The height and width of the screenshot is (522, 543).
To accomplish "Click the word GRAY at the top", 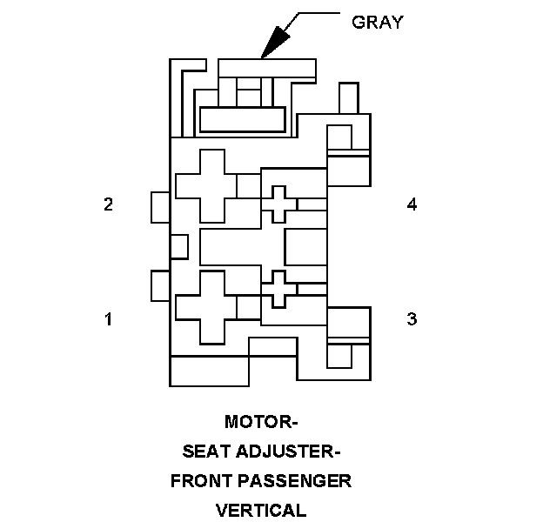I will (x=377, y=23).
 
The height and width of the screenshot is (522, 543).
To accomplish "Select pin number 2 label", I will (x=108, y=204).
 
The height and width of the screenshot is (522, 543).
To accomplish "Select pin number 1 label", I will (x=108, y=319).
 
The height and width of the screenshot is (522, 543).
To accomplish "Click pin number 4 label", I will (x=412, y=204).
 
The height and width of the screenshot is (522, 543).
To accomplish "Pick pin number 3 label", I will (x=412, y=319).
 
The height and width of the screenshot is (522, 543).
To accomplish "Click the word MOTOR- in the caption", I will (x=261, y=423).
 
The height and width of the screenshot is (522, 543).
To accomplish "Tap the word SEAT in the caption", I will (x=205, y=452).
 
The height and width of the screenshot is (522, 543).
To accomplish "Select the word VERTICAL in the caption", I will (x=262, y=510).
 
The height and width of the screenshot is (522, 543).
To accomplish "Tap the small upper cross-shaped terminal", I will (x=278, y=204).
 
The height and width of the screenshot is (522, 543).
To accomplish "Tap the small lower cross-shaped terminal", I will (x=278, y=288).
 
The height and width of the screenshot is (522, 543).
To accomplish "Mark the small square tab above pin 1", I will (x=159, y=285).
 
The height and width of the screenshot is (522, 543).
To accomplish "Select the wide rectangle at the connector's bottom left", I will (x=210, y=371).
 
